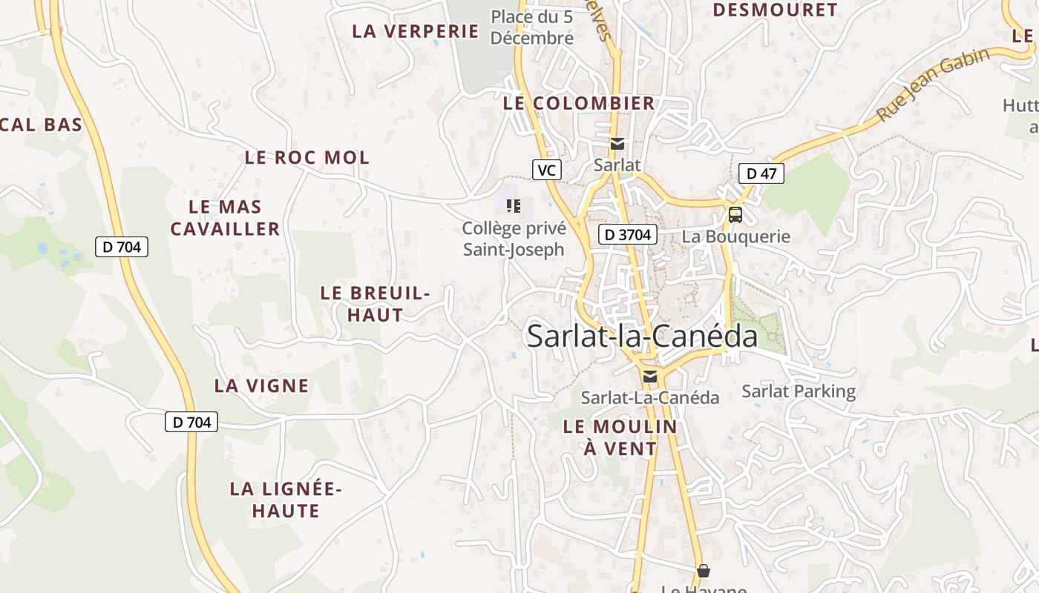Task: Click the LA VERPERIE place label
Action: click(416, 31)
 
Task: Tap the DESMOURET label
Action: click(775, 10)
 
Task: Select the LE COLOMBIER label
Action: click(579, 103)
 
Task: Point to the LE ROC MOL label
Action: click(307, 158)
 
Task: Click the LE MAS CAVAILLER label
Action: click(225, 218)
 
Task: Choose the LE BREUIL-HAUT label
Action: click(376, 304)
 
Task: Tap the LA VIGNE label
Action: click(261, 386)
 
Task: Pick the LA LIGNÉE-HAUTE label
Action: click(286, 500)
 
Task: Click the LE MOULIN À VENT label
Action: click(620, 437)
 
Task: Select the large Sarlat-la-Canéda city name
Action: click(642, 337)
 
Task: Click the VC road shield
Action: click(546, 170)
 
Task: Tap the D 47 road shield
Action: click(761, 174)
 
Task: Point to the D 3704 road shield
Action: click(628, 235)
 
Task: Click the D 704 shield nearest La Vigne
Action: click(191, 423)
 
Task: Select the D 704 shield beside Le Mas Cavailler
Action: click(122, 247)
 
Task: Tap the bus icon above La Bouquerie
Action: click(735, 215)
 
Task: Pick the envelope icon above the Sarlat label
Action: click(617, 144)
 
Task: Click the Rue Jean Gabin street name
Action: click(933, 85)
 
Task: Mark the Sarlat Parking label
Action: click(799, 391)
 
